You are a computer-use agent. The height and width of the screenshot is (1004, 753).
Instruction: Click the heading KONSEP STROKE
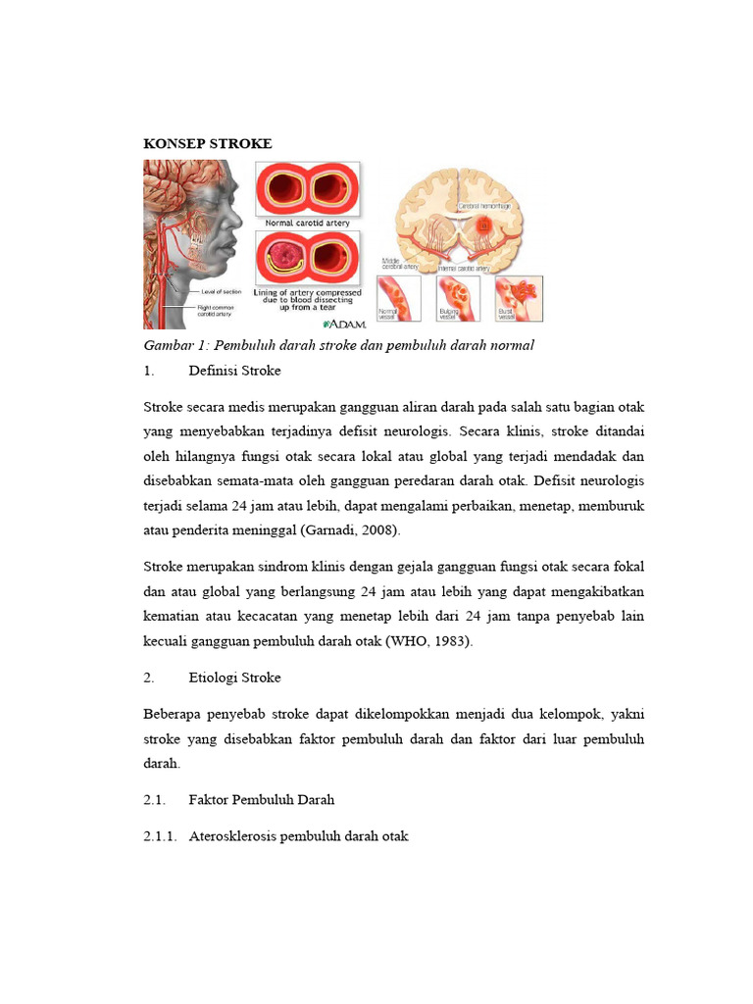208,144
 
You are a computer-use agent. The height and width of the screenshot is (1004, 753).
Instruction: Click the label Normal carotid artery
308,224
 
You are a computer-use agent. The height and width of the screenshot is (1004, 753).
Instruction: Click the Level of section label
222,292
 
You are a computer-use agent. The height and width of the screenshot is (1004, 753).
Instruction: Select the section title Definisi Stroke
234,371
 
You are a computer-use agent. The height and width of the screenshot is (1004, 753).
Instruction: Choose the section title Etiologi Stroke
234,678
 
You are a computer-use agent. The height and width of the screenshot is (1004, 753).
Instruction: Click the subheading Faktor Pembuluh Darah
262,799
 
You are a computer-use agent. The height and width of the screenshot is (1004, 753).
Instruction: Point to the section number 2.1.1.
161,836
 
